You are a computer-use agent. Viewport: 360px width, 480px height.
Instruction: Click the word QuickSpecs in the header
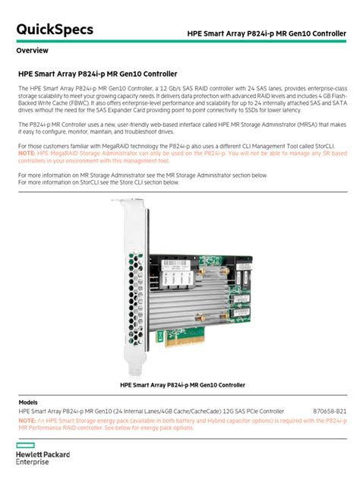[55, 30]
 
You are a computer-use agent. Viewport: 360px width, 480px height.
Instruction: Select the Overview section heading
[33, 50]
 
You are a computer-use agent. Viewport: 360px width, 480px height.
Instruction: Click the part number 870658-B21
[330, 411]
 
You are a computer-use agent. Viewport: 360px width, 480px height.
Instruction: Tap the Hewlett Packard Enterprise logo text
[41, 458]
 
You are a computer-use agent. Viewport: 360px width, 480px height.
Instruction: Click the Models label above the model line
[28, 402]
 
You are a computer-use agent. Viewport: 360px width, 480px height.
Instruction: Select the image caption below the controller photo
[182, 385]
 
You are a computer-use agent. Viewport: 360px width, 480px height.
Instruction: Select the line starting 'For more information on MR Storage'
[142, 175]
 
